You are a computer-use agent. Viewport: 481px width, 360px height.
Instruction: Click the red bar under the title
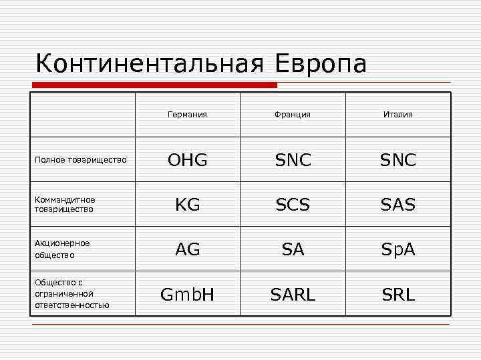tap(155, 85)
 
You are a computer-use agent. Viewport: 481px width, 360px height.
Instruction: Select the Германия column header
tap(187, 115)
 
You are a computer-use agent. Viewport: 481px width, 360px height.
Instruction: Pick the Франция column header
tap(292, 115)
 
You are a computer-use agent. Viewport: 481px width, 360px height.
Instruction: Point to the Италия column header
tap(398, 115)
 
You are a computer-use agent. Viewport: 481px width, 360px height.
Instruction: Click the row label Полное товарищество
tap(80, 160)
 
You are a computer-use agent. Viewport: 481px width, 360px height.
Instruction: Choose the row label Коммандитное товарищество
tap(65, 204)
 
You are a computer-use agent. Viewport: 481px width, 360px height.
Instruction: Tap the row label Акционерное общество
tap(62, 249)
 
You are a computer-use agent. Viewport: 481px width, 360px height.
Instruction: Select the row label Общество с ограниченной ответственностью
tap(71, 293)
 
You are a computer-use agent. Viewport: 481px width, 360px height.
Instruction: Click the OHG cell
tap(187, 160)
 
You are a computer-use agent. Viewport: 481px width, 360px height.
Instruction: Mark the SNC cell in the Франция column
tap(293, 160)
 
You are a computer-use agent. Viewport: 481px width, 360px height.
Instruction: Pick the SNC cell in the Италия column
tap(398, 160)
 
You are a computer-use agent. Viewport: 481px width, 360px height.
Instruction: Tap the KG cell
tap(187, 205)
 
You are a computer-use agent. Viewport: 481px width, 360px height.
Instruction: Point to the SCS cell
tap(293, 205)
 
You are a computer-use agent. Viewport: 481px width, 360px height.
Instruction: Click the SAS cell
tap(398, 205)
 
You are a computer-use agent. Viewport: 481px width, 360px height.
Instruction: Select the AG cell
tap(187, 249)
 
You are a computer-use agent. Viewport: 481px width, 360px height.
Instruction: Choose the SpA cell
tap(398, 249)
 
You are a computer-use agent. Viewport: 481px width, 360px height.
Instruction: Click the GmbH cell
tap(187, 294)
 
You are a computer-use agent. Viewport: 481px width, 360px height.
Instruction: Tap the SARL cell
tap(293, 294)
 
